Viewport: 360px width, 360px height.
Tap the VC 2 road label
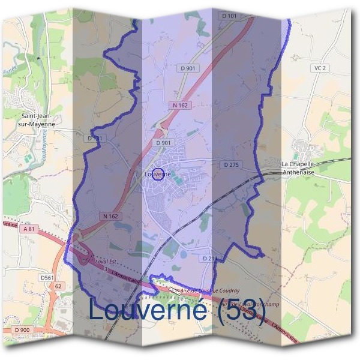coord(319,68)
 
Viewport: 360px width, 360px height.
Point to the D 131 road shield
coord(95,138)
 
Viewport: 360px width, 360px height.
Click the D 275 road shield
coord(231,164)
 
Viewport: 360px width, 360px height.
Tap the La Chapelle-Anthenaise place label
coord(307,167)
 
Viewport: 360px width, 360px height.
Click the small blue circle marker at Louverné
coord(158,174)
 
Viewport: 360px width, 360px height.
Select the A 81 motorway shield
coord(29,229)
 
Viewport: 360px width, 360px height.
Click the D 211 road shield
coord(209,258)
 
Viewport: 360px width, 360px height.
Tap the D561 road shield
coord(47,277)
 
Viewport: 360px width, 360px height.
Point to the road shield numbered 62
coord(58,286)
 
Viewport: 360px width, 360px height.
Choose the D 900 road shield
coord(20,330)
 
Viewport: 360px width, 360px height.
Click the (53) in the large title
coord(242,310)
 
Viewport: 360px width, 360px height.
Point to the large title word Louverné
coord(150,310)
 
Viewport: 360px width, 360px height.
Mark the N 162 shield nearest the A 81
coord(110,216)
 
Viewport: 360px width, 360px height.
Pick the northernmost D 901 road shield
coord(188,68)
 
